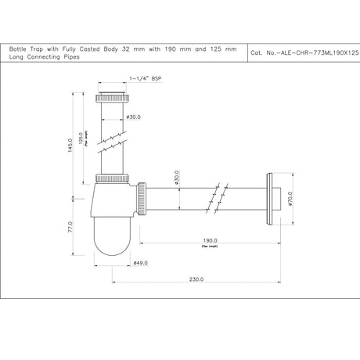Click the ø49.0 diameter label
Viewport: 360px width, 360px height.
coord(141,262)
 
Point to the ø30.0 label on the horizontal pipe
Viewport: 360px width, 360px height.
coord(177,181)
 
